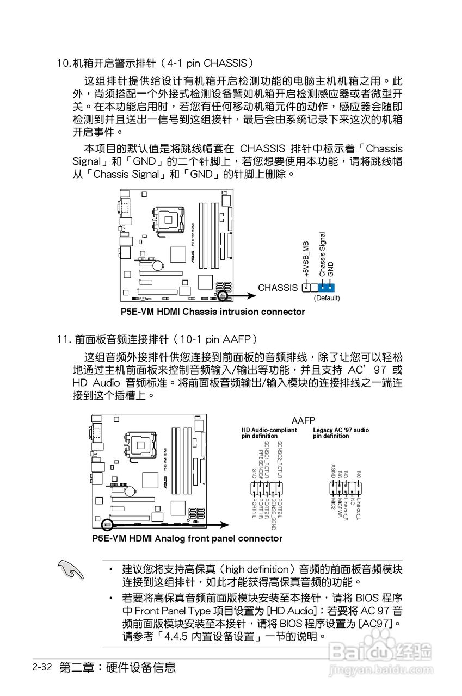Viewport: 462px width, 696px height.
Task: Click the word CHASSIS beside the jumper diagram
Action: pos(278,288)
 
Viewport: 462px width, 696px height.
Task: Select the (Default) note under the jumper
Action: pos(327,298)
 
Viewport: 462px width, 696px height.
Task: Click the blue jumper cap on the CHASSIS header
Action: pos(326,287)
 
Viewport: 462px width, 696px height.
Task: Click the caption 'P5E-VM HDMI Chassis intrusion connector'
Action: pos(213,312)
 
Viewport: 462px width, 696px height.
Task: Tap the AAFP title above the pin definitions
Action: pos(303,421)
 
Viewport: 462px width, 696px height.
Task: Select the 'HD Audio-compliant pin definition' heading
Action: pos(269,433)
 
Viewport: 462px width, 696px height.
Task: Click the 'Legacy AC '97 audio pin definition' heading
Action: pos(341,433)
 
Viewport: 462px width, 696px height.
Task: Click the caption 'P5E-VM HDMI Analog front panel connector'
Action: pos(187,539)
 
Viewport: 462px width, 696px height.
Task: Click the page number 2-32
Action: pos(42,667)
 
